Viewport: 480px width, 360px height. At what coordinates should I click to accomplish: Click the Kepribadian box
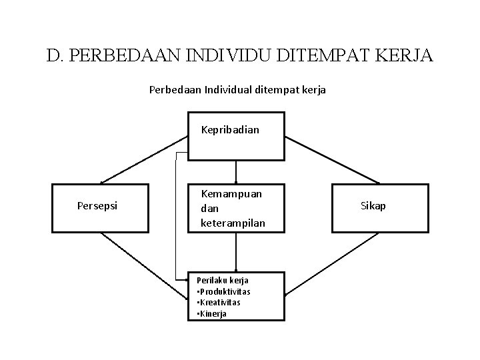pos(236,137)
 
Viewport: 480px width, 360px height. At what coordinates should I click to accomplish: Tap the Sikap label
pos(373,205)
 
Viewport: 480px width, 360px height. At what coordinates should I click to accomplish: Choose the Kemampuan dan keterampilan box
pos(236,208)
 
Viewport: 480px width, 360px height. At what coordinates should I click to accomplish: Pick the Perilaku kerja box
pos(236,296)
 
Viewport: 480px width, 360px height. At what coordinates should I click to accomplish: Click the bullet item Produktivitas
pos(226,291)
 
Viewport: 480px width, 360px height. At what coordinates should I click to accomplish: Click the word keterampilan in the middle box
pos(233,223)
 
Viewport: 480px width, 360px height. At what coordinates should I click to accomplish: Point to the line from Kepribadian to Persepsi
pos(143,159)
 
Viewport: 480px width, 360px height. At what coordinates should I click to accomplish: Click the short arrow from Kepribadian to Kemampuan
pos(236,171)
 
